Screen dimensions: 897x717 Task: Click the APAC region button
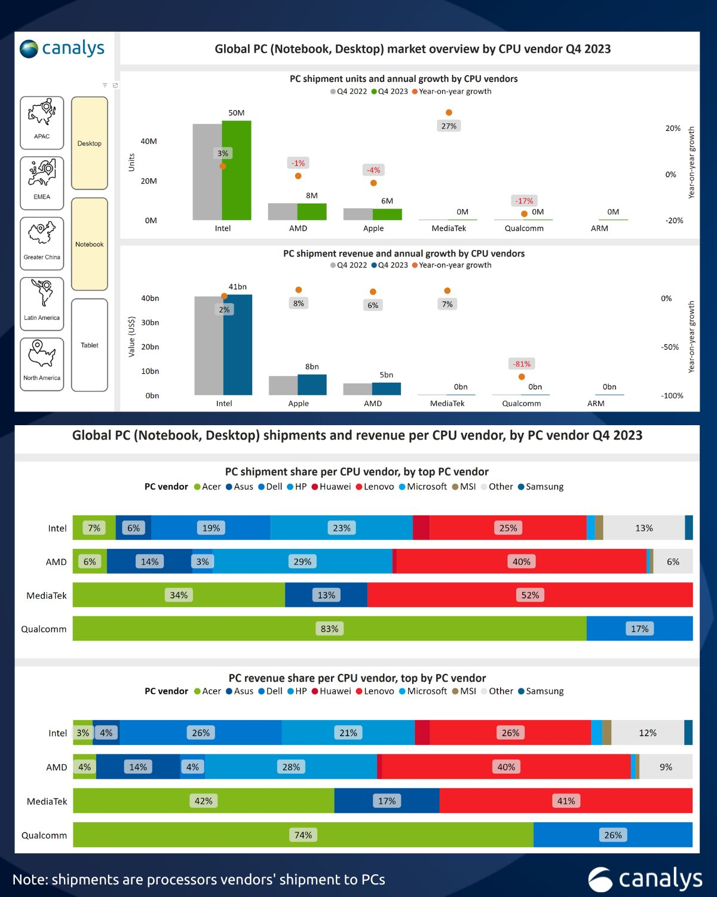(x=42, y=123)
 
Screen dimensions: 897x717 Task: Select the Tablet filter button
(x=90, y=345)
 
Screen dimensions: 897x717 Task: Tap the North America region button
(x=42, y=364)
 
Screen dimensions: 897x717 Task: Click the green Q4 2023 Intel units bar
(x=237, y=170)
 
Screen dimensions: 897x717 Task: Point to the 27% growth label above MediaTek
(x=449, y=126)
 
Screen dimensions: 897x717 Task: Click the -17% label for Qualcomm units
(x=524, y=201)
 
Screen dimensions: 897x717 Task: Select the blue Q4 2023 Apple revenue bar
(x=312, y=385)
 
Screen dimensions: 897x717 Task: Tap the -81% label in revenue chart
(x=522, y=364)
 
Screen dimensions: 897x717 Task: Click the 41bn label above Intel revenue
(x=237, y=287)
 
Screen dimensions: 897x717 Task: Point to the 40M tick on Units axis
(x=149, y=142)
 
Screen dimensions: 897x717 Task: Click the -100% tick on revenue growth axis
(x=672, y=396)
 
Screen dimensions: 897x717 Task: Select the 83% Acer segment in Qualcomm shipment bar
(x=329, y=628)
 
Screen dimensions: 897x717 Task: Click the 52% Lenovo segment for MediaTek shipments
(x=530, y=595)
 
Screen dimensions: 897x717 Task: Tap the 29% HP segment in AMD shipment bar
(x=302, y=562)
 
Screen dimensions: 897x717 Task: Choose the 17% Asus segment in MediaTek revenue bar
(x=387, y=801)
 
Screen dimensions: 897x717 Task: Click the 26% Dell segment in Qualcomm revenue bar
(x=612, y=835)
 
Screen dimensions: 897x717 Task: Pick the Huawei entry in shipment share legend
(x=332, y=487)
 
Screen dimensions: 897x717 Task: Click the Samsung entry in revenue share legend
(x=541, y=691)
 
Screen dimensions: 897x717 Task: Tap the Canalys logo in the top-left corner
(x=62, y=48)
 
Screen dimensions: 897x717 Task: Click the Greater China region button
(x=42, y=243)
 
